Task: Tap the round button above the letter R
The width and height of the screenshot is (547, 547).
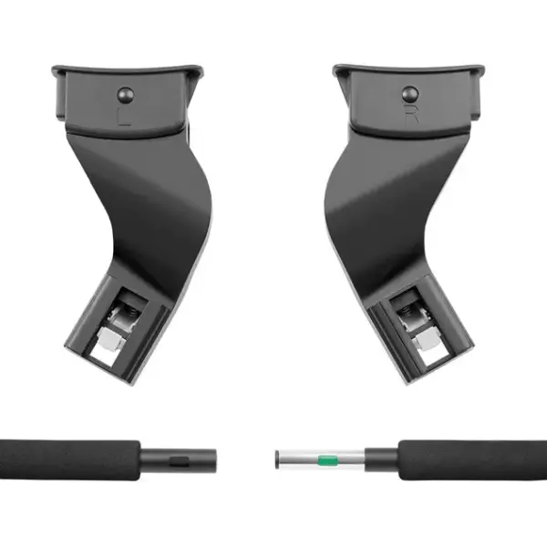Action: (x=409, y=92)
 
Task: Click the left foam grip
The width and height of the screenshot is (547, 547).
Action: (x=68, y=459)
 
